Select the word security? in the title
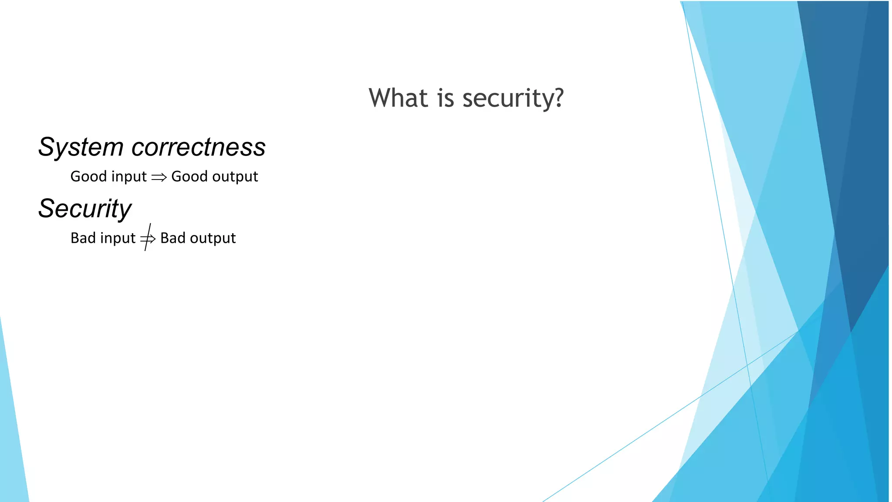point(513,98)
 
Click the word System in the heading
point(81,147)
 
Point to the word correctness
point(199,147)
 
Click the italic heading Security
point(84,209)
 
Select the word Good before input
point(88,176)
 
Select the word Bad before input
point(83,238)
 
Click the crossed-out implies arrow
point(148,238)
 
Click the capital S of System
point(47,147)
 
